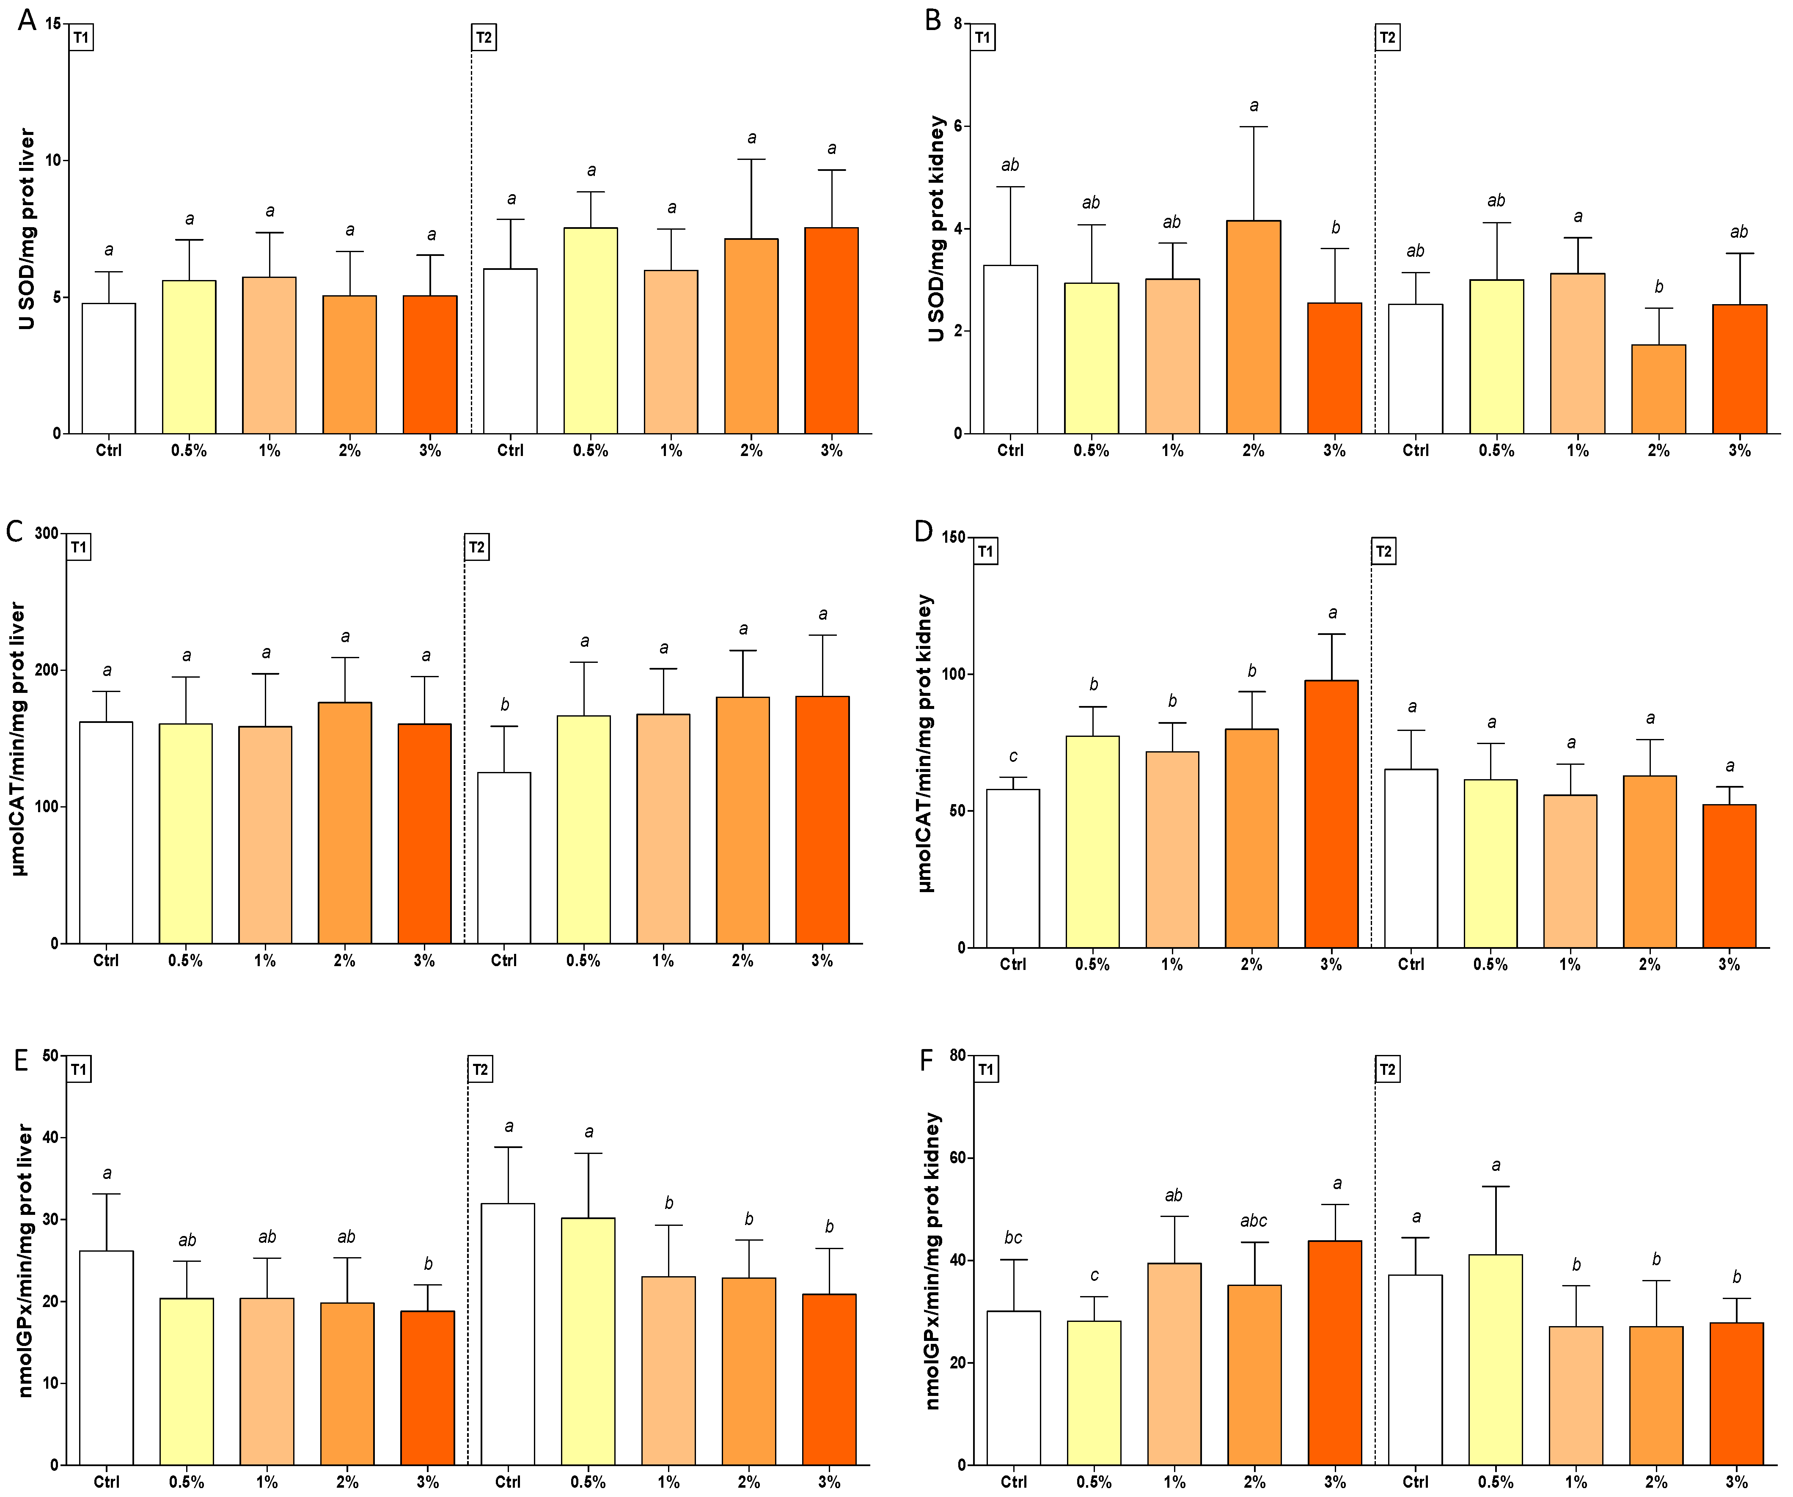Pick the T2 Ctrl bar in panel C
click(x=504, y=858)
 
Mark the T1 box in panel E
click(x=79, y=1069)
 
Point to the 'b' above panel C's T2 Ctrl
click(x=505, y=705)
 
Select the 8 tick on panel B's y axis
click(x=958, y=24)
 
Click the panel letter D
click(x=924, y=532)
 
